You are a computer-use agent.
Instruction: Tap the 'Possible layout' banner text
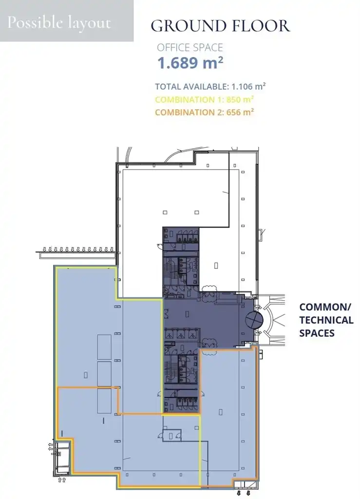(59, 23)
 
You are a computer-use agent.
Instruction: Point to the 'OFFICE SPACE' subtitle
(190, 48)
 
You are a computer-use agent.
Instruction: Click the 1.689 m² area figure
(190, 63)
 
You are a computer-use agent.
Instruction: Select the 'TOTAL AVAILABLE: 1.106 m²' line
(210, 86)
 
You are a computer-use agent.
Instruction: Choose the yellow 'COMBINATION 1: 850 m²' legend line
(204, 99)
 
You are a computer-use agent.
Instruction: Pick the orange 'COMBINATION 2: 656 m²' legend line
(205, 112)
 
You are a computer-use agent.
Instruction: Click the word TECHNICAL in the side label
(326, 320)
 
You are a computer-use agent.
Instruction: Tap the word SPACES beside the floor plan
(317, 333)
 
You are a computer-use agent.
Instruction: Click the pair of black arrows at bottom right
(243, 493)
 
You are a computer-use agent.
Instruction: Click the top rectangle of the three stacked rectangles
(104, 347)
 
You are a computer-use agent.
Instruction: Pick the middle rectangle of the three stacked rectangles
(104, 374)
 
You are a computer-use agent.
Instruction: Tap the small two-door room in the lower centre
(172, 435)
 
